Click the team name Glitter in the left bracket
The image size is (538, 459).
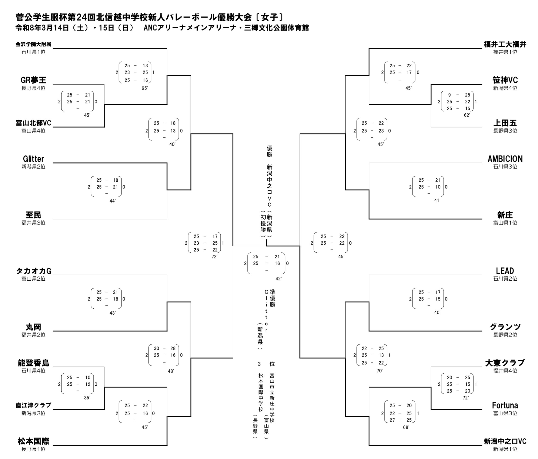[33, 159]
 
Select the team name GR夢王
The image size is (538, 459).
[33, 80]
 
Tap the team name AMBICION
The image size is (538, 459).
[505, 159]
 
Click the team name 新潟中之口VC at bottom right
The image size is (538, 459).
[505, 441]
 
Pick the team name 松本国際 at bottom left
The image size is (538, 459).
[33, 441]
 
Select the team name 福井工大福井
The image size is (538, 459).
[505, 44]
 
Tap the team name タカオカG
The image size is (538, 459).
[34, 271]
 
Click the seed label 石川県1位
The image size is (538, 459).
[33, 52]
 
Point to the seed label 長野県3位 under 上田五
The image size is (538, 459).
[505, 131]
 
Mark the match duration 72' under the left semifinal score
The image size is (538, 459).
[214, 257]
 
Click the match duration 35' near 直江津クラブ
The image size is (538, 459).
[87, 397]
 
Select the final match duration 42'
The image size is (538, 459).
[278, 279]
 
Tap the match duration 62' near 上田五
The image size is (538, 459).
[467, 115]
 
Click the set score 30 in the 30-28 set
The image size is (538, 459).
[156, 348]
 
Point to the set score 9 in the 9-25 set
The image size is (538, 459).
[450, 95]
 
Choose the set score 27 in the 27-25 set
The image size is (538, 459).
[392, 420]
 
